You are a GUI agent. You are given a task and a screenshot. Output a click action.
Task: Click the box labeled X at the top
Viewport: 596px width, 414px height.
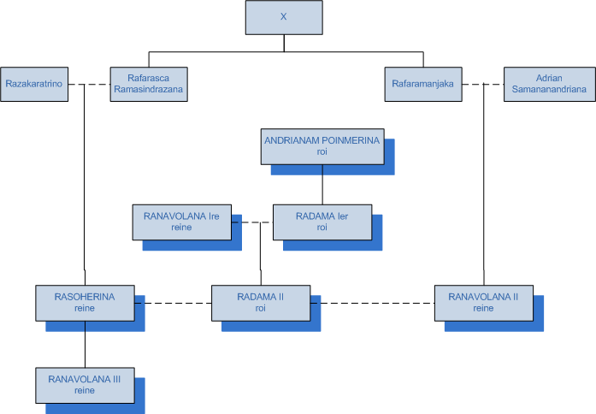coord(284,16)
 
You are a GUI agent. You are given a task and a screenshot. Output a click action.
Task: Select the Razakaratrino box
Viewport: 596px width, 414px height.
coord(34,84)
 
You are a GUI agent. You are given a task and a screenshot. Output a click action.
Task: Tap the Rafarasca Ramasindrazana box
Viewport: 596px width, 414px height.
coord(148,84)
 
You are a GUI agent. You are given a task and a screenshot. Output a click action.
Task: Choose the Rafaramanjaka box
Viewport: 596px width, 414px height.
coord(422,84)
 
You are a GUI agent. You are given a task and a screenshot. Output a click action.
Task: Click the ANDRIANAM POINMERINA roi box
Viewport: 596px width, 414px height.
coord(322,145)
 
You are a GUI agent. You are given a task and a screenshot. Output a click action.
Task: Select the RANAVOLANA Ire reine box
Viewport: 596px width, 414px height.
coord(181,222)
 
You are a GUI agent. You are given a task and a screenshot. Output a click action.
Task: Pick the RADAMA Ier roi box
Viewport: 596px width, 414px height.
coord(322,222)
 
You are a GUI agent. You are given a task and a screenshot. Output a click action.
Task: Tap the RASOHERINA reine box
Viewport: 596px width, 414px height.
coord(84,303)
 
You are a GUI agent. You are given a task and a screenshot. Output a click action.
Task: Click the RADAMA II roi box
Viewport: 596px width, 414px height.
coord(260,303)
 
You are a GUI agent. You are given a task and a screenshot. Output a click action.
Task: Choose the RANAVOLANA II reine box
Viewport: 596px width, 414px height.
coord(483,303)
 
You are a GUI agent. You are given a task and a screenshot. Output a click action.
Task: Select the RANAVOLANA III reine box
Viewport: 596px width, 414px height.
coord(84,384)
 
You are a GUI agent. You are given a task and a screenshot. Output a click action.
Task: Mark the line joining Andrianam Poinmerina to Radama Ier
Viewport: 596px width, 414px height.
coord(322,184)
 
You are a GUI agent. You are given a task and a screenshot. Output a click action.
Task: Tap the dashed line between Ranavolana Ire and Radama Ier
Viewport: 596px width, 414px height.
coord(251,222)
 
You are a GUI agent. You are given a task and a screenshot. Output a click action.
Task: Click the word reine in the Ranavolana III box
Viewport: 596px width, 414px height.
coord(84,391)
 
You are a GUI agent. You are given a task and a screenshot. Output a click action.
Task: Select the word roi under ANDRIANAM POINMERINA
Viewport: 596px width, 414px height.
coord(322,151)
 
